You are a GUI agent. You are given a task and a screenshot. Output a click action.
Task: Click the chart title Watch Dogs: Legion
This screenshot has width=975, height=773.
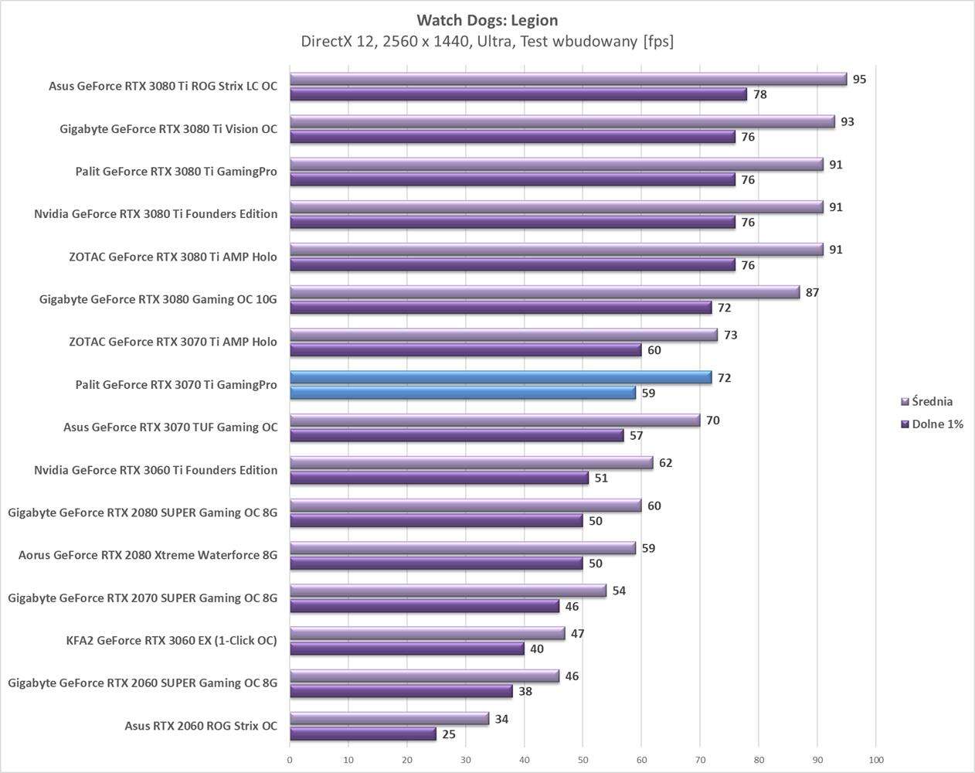[x=487, y=20]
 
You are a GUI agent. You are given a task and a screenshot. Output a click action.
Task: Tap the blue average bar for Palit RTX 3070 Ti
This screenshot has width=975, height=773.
[x=501, y=377]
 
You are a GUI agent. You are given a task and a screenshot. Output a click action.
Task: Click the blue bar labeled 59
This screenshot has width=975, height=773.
[x=463, y=393]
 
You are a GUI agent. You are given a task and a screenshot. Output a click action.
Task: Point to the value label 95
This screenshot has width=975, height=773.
[x=859, y=79]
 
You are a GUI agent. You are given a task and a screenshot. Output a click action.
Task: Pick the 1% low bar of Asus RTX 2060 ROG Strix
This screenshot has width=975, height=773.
[x=363, y=734]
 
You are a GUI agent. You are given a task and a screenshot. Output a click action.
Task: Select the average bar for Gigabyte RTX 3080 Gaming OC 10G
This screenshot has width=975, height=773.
[x=545, y=292]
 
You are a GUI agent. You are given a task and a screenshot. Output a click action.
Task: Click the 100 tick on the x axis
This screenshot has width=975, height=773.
[x=876, y=759]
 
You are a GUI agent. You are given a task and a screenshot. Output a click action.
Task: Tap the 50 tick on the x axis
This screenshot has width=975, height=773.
[x=583, y=759]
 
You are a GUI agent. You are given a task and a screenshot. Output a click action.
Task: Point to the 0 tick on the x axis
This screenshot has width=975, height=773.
[x=290, y=759]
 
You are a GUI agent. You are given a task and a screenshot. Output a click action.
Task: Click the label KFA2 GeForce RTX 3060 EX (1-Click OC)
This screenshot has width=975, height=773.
[x=172, y=640]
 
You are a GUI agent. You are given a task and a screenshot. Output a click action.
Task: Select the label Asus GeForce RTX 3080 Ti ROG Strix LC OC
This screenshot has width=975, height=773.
[x=162, y=86]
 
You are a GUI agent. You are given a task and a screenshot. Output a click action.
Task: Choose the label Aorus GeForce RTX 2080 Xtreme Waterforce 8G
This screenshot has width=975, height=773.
[x=148, y=554]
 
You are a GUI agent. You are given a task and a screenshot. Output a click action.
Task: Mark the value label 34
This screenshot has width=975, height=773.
[x=501, y=719]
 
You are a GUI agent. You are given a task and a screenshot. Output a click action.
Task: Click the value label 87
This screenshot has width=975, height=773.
[x=812, y=292]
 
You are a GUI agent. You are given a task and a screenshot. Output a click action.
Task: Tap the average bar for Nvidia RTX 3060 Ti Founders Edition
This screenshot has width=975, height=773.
[x=471, y=462]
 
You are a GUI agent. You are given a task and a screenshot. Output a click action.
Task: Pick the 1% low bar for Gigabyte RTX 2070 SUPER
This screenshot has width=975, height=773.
[x=425, y=606]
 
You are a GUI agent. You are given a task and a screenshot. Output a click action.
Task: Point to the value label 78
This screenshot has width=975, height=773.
[x=759, y=94]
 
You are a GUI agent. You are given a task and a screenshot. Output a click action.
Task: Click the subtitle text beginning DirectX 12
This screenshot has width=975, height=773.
[x=487, y=41]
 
